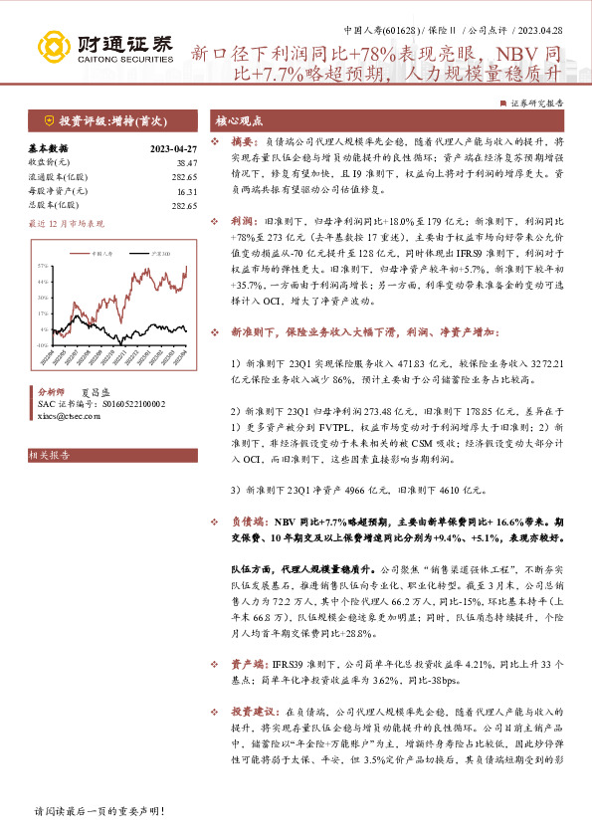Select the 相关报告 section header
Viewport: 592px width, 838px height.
50,456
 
